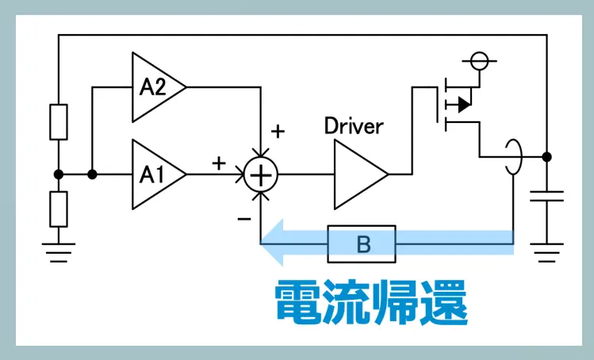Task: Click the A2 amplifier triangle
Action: point(157,87)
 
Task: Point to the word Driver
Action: point(354,125)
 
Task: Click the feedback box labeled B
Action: point(362,243)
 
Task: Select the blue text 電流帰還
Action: point(370,301)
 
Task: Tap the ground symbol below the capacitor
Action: point(547,253)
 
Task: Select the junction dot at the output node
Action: point(547,156)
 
